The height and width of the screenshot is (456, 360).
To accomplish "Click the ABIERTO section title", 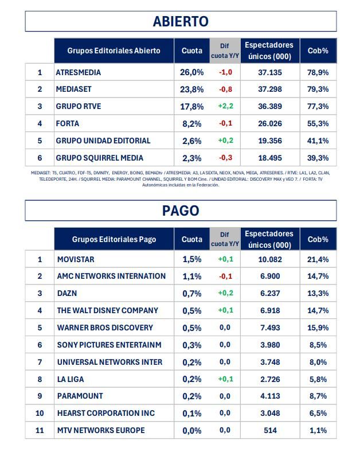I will click(180, 21).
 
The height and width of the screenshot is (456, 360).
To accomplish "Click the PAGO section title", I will click(180, 211).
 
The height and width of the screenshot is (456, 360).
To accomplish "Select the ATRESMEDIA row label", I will click(78, 72).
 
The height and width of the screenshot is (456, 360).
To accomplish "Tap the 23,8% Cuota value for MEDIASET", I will click(191, 89).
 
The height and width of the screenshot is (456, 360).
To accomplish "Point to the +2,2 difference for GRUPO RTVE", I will click(225, 107).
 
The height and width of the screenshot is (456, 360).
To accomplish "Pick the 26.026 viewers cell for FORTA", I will click(269, 123).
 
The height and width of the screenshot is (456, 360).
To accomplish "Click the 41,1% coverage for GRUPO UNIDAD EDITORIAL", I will click(318, 141).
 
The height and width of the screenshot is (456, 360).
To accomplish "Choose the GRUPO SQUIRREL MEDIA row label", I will click(99, 158).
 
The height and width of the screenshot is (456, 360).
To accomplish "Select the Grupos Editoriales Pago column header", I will click(114, 239).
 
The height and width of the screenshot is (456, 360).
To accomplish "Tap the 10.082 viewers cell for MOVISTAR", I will click(269, 259).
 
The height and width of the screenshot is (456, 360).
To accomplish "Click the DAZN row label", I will click(68, 293).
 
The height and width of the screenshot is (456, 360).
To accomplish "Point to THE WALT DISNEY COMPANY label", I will click(107, 310).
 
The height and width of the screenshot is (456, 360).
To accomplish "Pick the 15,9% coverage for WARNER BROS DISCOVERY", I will click(318, 328).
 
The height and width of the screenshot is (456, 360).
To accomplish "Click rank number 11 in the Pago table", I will click(40, 430).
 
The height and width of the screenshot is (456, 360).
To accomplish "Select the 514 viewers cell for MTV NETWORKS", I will click(269, 430).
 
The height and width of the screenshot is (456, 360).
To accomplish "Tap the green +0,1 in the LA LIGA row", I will click(225, 379).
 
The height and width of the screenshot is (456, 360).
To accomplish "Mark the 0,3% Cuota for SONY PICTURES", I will click(191, 345).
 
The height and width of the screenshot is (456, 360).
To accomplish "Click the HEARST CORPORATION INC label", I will click(106, 413).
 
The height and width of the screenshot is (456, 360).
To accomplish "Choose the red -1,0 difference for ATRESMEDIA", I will click(225, 72).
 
